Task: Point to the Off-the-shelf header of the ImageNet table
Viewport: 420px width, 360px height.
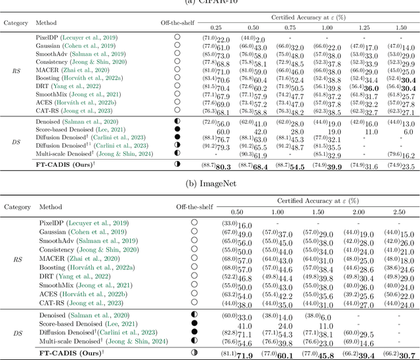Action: click(176, 206)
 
